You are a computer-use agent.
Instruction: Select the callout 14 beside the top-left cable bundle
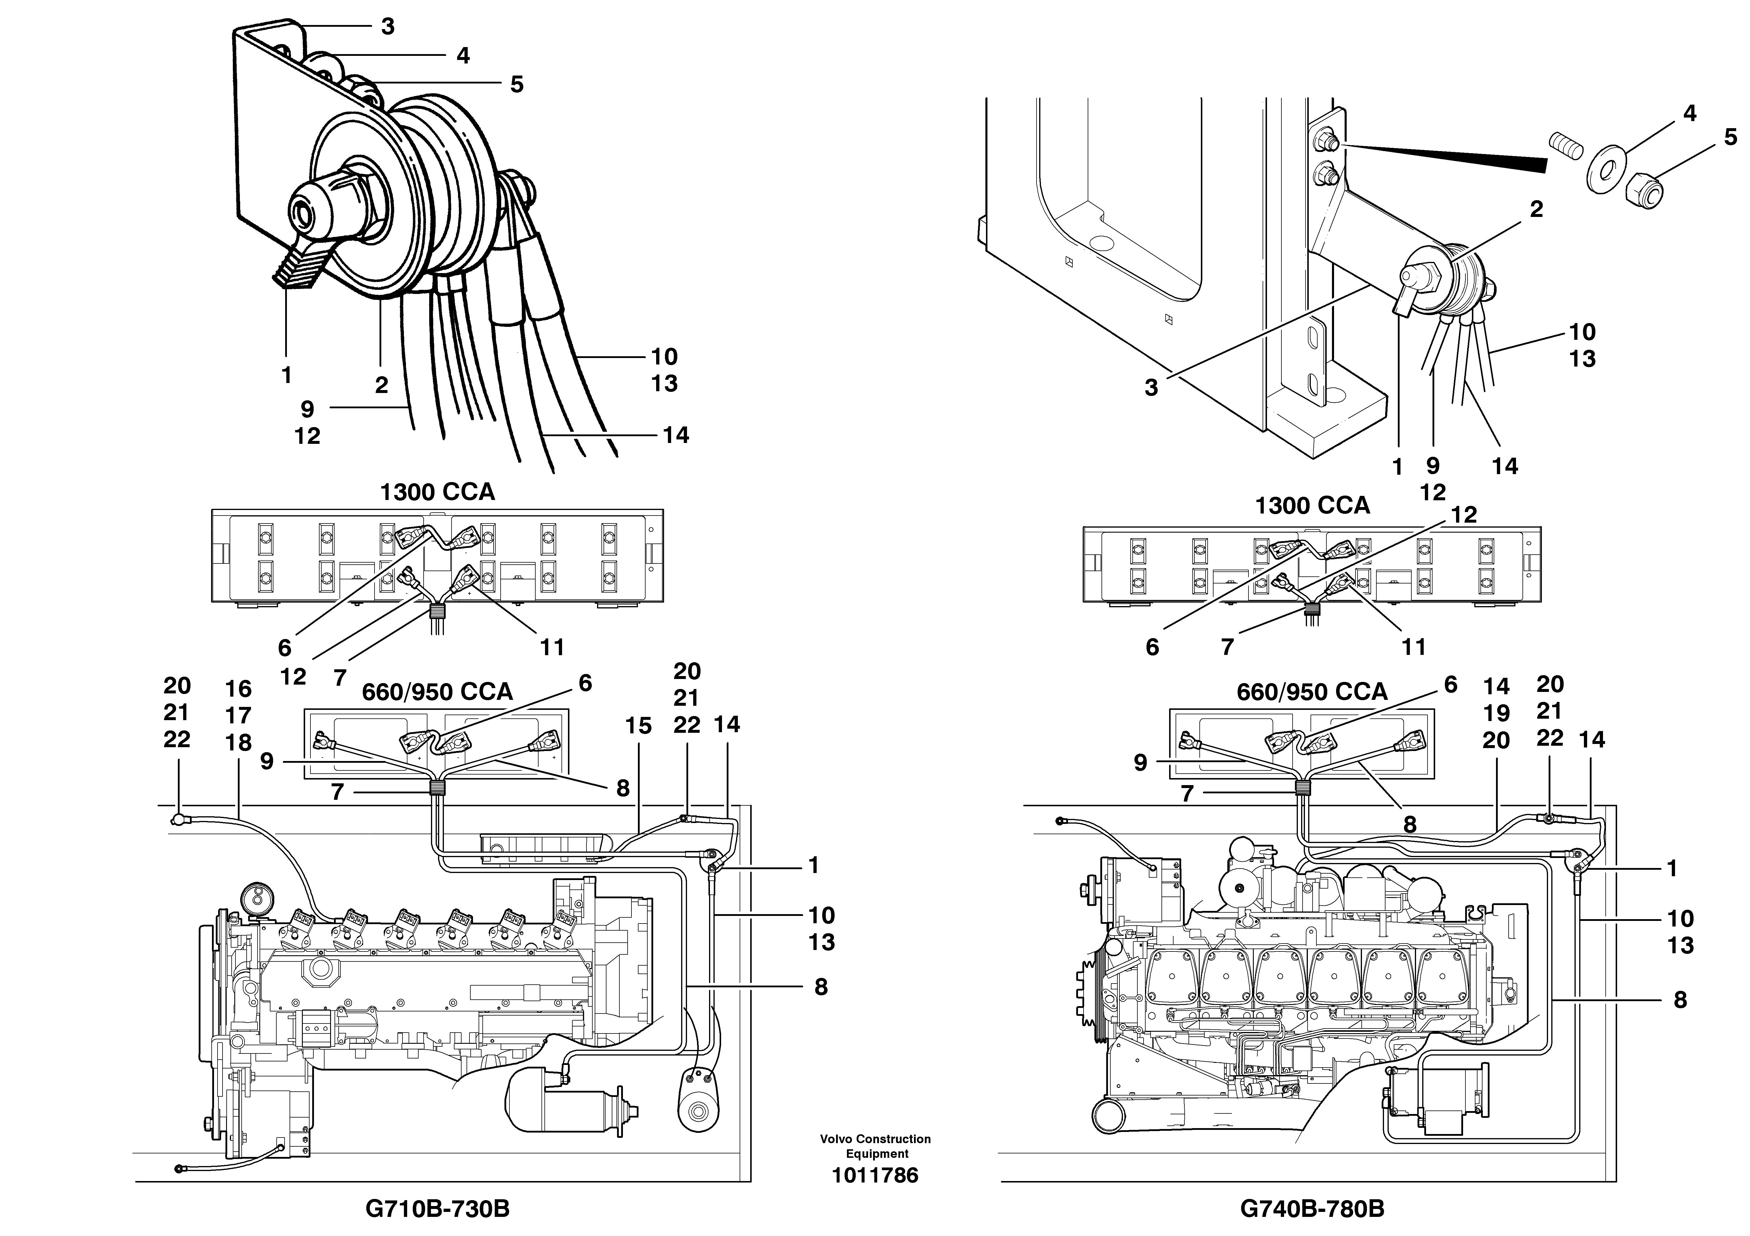[675, 435]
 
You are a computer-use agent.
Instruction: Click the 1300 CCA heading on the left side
[437, 492]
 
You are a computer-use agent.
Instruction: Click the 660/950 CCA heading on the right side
[1312, 692]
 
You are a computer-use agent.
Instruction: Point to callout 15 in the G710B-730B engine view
[639, 726]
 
